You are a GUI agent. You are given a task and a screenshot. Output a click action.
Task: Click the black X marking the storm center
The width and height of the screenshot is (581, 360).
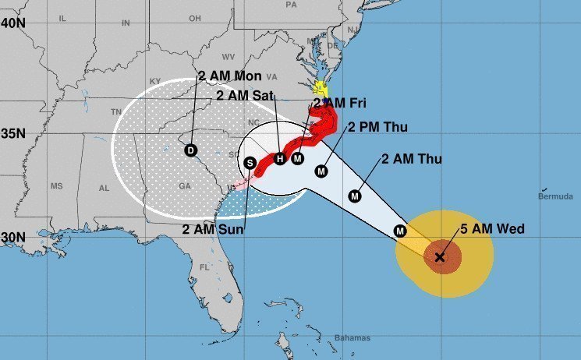pyautogui.click(x=440, y=256)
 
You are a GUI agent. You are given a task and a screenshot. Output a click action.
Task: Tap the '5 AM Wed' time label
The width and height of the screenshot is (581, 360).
pyautogui.click(x=491, y=228)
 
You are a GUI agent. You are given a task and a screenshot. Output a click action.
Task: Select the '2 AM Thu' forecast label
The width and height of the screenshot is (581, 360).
pyautogui.click(x=412, y=160)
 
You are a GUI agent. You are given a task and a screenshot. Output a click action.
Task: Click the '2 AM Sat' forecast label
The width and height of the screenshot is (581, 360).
pyautogui.click(x=242, y=96)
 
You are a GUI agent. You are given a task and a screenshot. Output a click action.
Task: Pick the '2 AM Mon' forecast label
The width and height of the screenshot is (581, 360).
pyautogui.click(x=229, y=76)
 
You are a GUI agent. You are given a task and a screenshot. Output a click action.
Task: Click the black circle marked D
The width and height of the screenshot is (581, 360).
pyautogui.click(x=191, y=150)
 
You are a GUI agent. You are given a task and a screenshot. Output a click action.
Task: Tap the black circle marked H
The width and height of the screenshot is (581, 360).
pyautogui.click(x=280, y=159)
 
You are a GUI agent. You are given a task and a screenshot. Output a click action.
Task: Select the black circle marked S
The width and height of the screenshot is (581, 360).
pyautogui.click(x=250, y=163)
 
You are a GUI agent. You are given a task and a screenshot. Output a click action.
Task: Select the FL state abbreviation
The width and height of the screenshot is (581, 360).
pyautogui.click(x=204, y=266)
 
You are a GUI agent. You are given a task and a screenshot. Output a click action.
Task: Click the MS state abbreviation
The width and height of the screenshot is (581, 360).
pyautogui.click(x=56, y=186)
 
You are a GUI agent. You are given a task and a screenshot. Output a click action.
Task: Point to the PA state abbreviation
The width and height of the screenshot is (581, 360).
pyautogui.click(x=292, y=5)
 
